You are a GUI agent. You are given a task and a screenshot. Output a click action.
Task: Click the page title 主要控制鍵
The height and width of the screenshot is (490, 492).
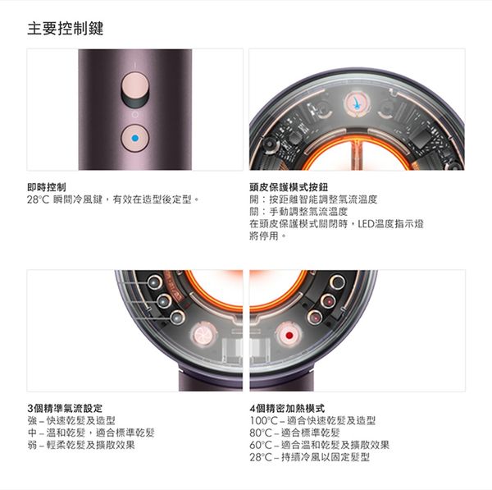pyautogui.click(x=66, y=28)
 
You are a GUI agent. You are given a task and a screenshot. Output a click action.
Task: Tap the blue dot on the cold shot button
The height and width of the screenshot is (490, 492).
pyautogui.click(x=135, y=138)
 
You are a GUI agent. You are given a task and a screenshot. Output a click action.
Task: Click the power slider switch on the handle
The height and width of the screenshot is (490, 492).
pyautogui.click(x=135, y=89)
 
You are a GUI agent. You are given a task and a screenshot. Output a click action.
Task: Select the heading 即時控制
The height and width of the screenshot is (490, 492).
pyautogui.click(x=47, y=187)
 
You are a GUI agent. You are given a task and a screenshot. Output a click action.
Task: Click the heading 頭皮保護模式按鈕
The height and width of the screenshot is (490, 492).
pyautogui.click(x=289, y=187)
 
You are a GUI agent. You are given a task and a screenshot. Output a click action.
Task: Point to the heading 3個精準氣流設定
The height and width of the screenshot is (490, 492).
pyautogui.click(x=65, y=409)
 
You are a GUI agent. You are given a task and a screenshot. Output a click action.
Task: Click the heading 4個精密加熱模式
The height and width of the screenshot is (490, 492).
pyautogui.click(x=287, y=409)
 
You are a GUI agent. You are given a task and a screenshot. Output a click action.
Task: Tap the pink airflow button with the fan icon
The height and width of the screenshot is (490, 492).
pyautogui.click(x=203, y=334)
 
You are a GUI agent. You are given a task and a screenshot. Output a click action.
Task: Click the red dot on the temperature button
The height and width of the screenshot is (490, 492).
pyautogui.click(x=289, y=336)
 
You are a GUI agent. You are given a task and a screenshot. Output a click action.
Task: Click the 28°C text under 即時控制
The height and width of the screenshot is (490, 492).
pyautogui.click(x=38, y=199)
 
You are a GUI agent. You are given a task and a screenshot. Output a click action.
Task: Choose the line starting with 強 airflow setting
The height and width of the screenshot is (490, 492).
pyautogui.click(x=71, y=420)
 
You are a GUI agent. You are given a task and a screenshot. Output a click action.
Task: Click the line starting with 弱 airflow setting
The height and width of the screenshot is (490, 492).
pyautogui.click(x=81, y=445)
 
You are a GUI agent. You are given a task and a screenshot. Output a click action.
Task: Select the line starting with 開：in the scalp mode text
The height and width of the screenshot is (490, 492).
pyautogui.click(x=313, y=199)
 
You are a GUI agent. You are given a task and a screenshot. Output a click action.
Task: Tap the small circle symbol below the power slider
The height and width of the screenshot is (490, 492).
pyautogui.click(x=135, y=115)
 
